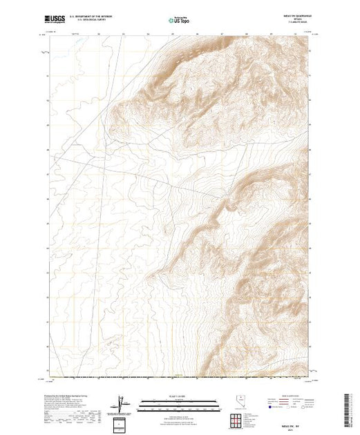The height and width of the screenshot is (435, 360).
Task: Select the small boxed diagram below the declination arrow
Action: coord(123,422)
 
